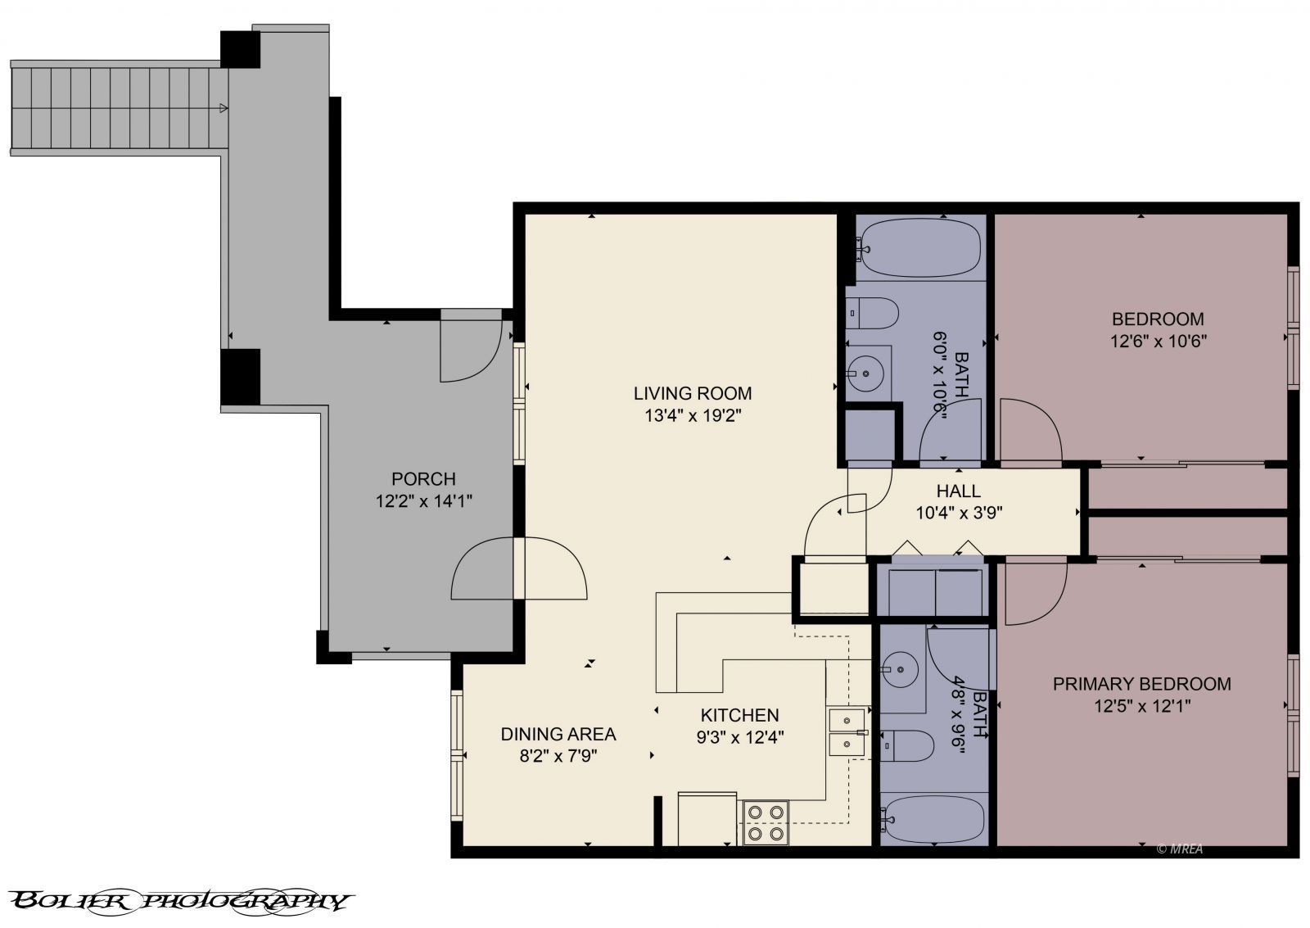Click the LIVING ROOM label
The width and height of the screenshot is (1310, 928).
click(x=692, y=393)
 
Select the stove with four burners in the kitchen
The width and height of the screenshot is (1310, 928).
click(x=765, y=822)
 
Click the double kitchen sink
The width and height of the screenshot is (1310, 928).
click(x=846, y=731)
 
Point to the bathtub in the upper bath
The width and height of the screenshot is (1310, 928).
click(x=920, y=248)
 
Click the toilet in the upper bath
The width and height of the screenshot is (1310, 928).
click(x=874, y=313)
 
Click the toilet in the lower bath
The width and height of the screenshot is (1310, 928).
click(x=909, y=745)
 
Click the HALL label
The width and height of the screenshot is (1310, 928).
click(x=958, y=491)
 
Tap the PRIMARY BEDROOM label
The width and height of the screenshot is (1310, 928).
click(x=1141, y=684)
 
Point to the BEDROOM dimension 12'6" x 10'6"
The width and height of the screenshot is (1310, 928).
click(x=1159, y=341)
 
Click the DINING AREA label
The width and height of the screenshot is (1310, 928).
click(x=558, y=734)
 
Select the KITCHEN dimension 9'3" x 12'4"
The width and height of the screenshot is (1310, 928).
click(x=739, y=737)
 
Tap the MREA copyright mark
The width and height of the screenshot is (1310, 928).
click(x=1180, y=849)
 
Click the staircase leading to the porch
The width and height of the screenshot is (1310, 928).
click(x=119, y=109)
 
